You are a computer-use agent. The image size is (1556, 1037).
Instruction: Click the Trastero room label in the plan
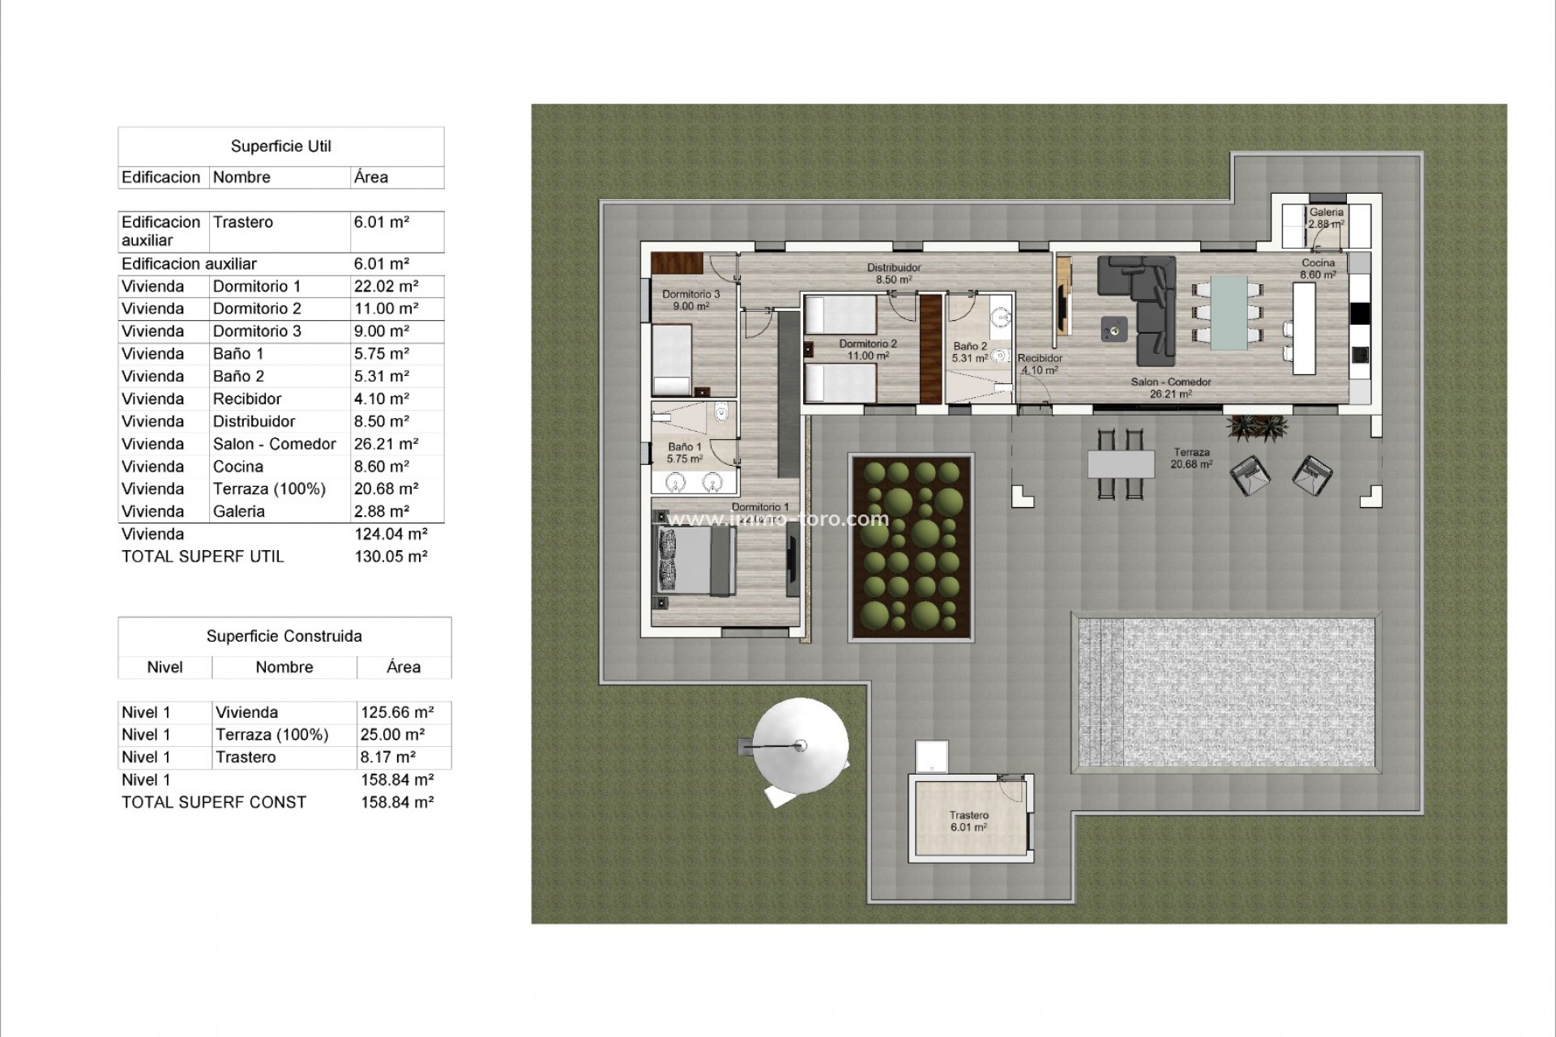968,821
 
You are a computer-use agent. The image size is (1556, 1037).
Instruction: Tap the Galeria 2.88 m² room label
1327,218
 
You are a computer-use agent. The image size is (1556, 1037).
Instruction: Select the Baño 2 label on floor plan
970,352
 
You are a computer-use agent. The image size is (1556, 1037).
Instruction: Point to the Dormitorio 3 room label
690,300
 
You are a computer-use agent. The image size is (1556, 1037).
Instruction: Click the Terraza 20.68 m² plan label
1191,459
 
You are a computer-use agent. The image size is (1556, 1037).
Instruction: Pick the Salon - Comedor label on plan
1171,387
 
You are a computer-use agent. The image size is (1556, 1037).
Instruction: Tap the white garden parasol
801,745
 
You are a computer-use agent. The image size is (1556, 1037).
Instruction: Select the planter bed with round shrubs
911,547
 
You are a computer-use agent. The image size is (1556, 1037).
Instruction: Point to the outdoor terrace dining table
1121,464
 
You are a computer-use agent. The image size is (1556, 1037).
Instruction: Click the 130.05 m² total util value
391,557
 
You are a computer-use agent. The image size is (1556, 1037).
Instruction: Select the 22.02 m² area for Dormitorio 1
386,286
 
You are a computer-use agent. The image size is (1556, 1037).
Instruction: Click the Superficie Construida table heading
284,636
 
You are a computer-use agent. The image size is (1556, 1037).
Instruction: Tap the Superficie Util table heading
280,147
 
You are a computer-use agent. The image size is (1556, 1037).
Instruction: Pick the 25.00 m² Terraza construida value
392,735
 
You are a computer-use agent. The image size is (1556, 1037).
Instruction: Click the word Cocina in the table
237,467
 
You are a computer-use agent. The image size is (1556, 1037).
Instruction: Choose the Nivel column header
165,668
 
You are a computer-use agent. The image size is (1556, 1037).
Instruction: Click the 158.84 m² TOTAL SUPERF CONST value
397,802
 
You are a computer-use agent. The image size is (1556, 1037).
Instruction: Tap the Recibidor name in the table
246,399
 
